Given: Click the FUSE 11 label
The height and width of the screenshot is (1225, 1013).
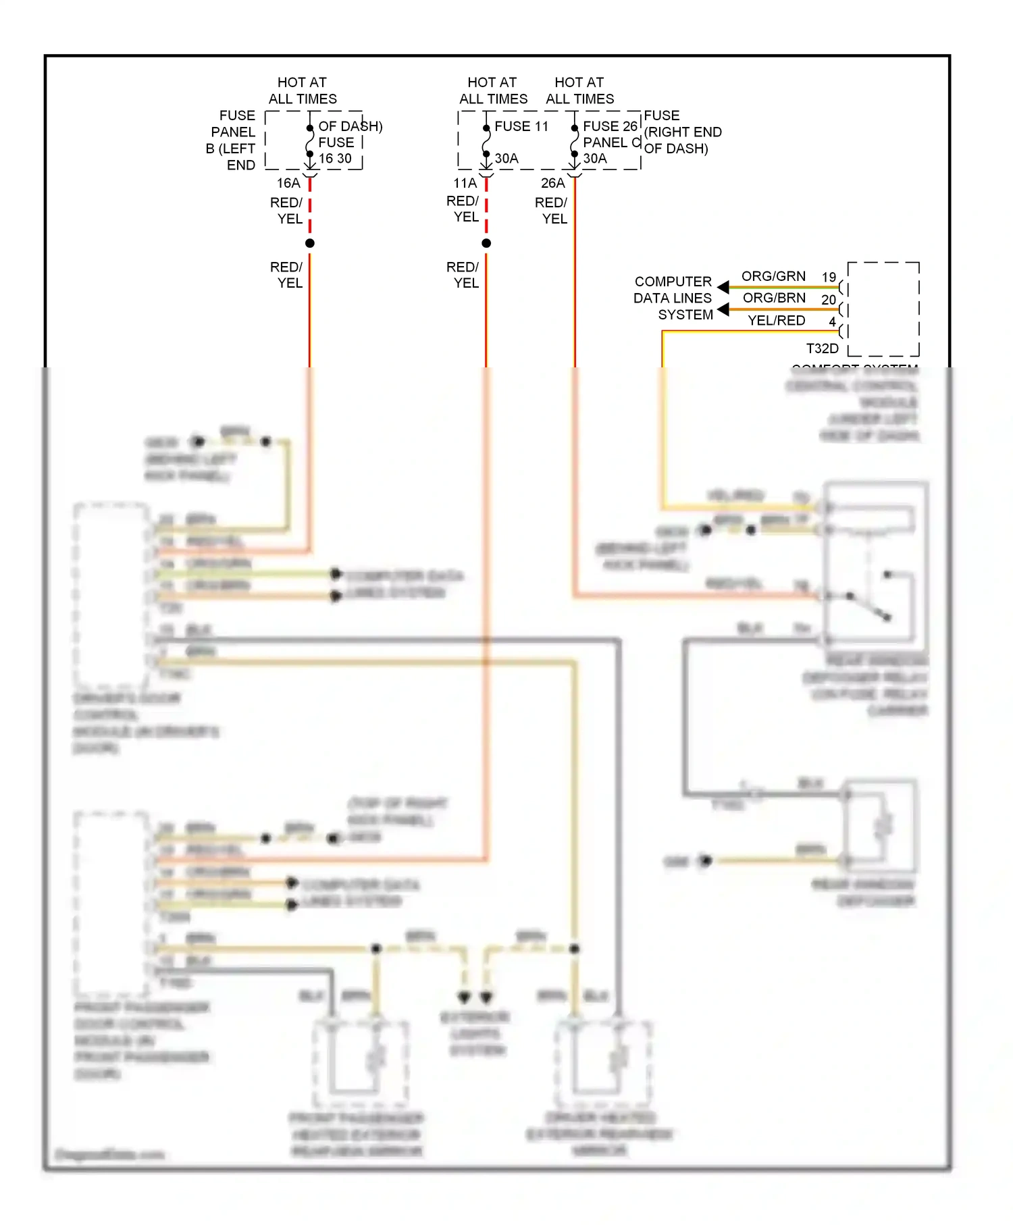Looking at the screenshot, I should coord(521,126).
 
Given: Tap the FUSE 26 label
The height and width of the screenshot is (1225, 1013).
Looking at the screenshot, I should coord(610,126).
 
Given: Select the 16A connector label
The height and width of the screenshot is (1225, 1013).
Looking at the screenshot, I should coord(288,183).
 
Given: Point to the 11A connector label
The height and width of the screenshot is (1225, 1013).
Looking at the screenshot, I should coord(465,183).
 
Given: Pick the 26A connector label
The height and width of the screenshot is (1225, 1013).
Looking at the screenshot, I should coord(552,183).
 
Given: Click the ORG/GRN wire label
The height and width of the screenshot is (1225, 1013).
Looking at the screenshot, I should coord(773,276).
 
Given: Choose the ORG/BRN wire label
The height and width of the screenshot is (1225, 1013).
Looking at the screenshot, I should coord(774,298).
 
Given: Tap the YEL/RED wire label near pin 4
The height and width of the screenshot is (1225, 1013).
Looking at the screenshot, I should coord(776,320).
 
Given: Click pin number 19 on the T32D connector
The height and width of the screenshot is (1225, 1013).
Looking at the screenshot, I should coord(829,278).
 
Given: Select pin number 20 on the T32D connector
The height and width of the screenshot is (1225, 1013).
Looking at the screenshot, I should coord(829,299).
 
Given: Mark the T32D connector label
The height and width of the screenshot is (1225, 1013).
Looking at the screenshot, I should coord(822,348).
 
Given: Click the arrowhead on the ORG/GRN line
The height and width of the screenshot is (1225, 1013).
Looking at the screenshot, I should coord(723,287).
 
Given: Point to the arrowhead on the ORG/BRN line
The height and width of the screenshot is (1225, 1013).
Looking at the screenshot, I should coord(723,309).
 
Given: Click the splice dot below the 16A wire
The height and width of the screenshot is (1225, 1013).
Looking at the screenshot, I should coord(310,243).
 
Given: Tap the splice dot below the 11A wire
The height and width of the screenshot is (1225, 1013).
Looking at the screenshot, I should coord(486,243).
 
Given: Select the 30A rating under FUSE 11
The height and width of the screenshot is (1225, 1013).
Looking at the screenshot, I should coord(506,159).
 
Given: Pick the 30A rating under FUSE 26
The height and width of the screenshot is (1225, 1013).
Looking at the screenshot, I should coord(595,159).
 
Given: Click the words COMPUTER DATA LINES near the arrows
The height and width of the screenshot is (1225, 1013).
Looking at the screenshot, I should coord(673,290).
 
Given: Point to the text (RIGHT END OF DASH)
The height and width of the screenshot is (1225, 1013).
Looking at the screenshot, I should coord(682,140).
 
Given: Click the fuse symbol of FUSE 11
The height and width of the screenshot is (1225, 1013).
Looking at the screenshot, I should coord(486,142).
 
